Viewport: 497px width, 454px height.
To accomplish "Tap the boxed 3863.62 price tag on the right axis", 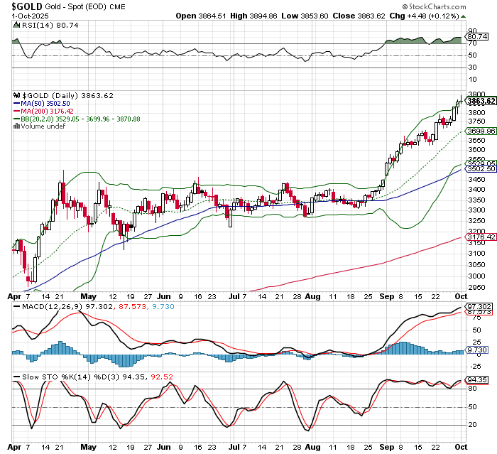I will coord(480,102).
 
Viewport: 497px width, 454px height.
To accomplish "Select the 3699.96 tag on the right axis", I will coord(480,131).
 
